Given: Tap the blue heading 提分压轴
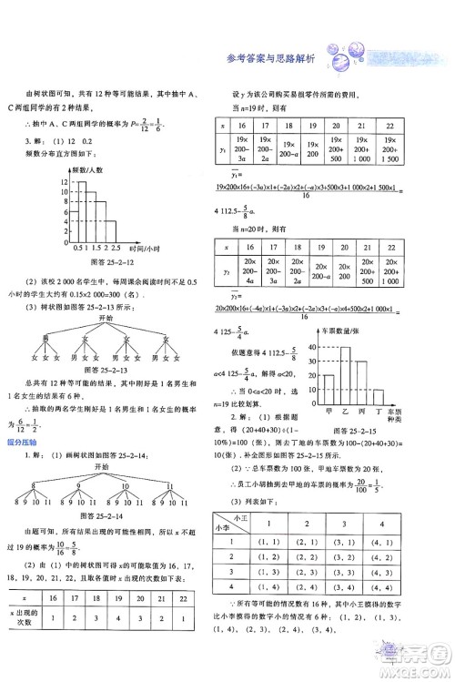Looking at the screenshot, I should coord(19,441).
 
